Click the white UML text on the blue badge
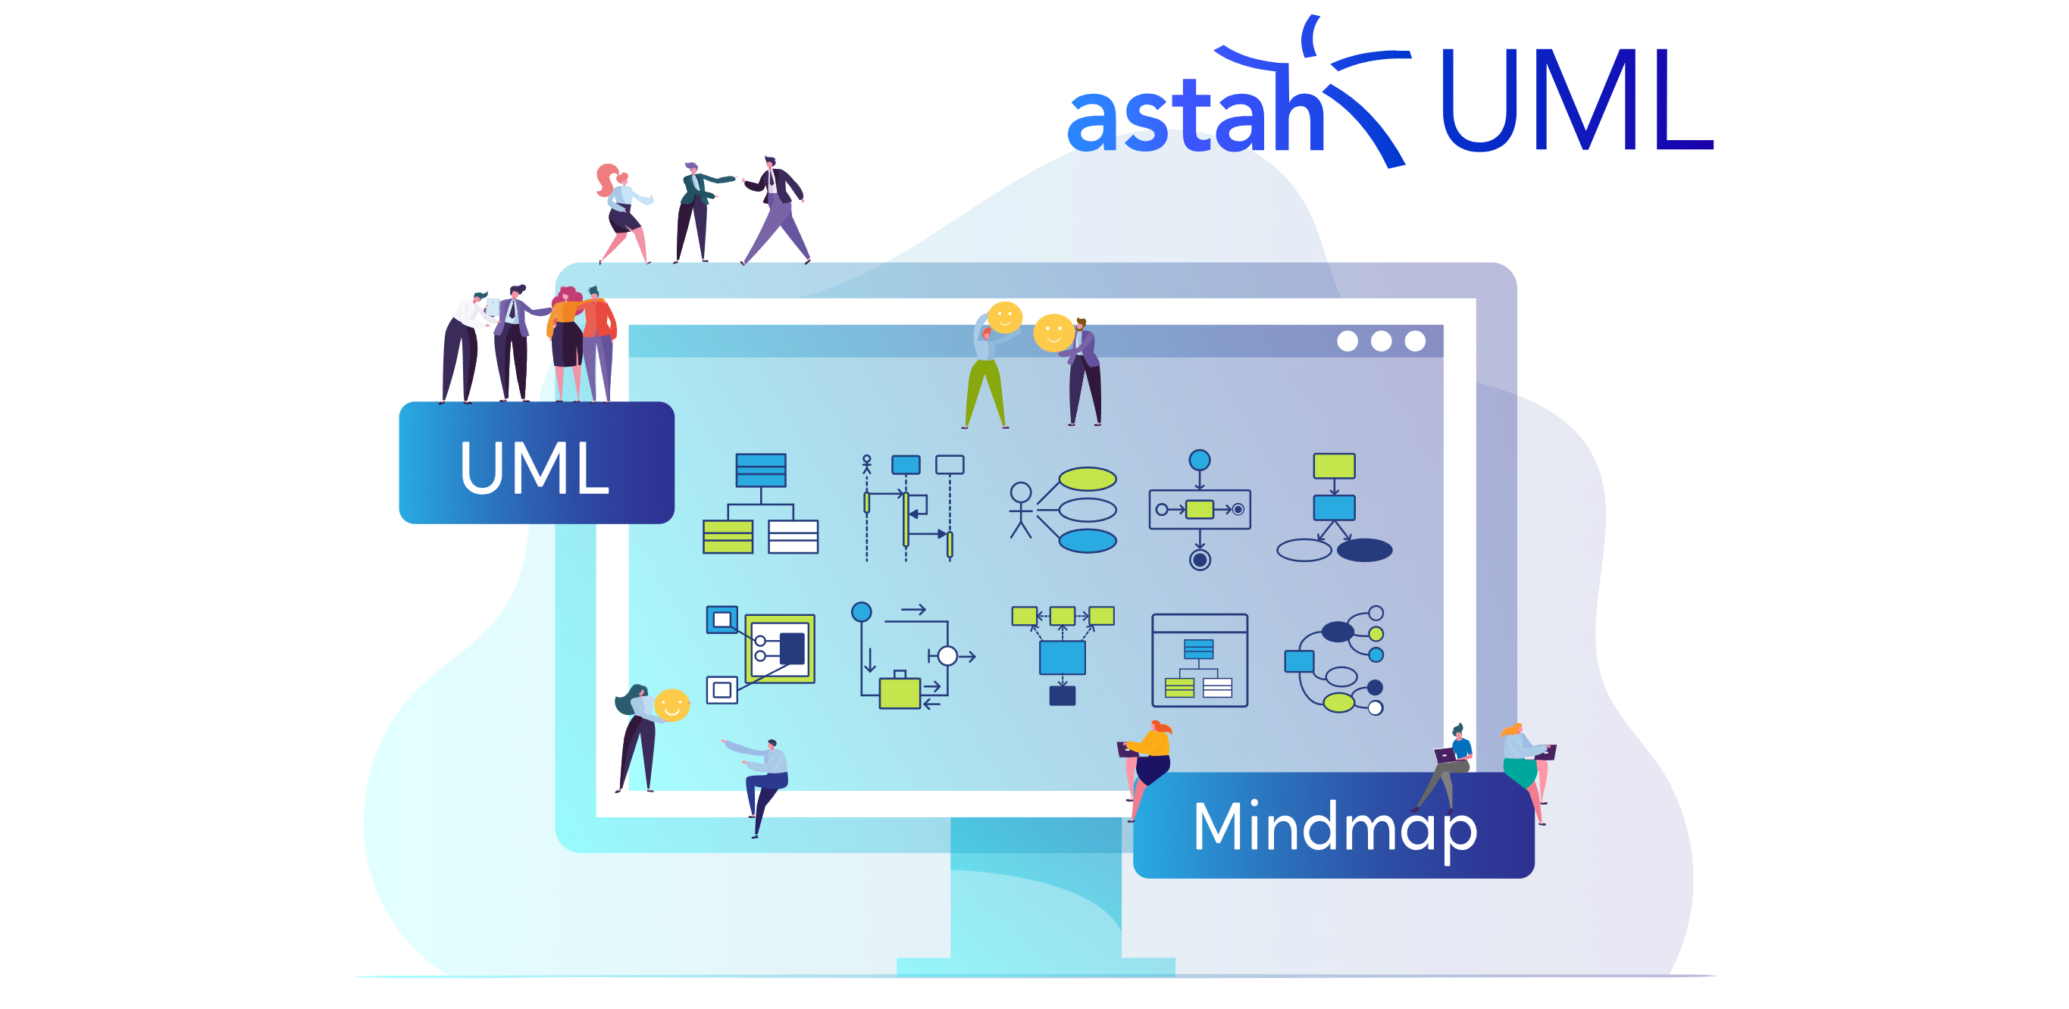(534, 467)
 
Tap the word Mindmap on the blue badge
(1334, 826)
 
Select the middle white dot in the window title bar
(1381, 341)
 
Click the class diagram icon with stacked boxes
(760, 503)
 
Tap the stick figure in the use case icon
(1020, 510)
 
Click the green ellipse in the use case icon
(1088, 480)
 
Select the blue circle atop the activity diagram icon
(1199, 460)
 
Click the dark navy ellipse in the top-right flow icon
(1364, 550)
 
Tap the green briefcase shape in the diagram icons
(900, 692)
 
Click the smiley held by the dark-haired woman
(671, 704)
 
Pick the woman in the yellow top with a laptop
(1150, 758)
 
